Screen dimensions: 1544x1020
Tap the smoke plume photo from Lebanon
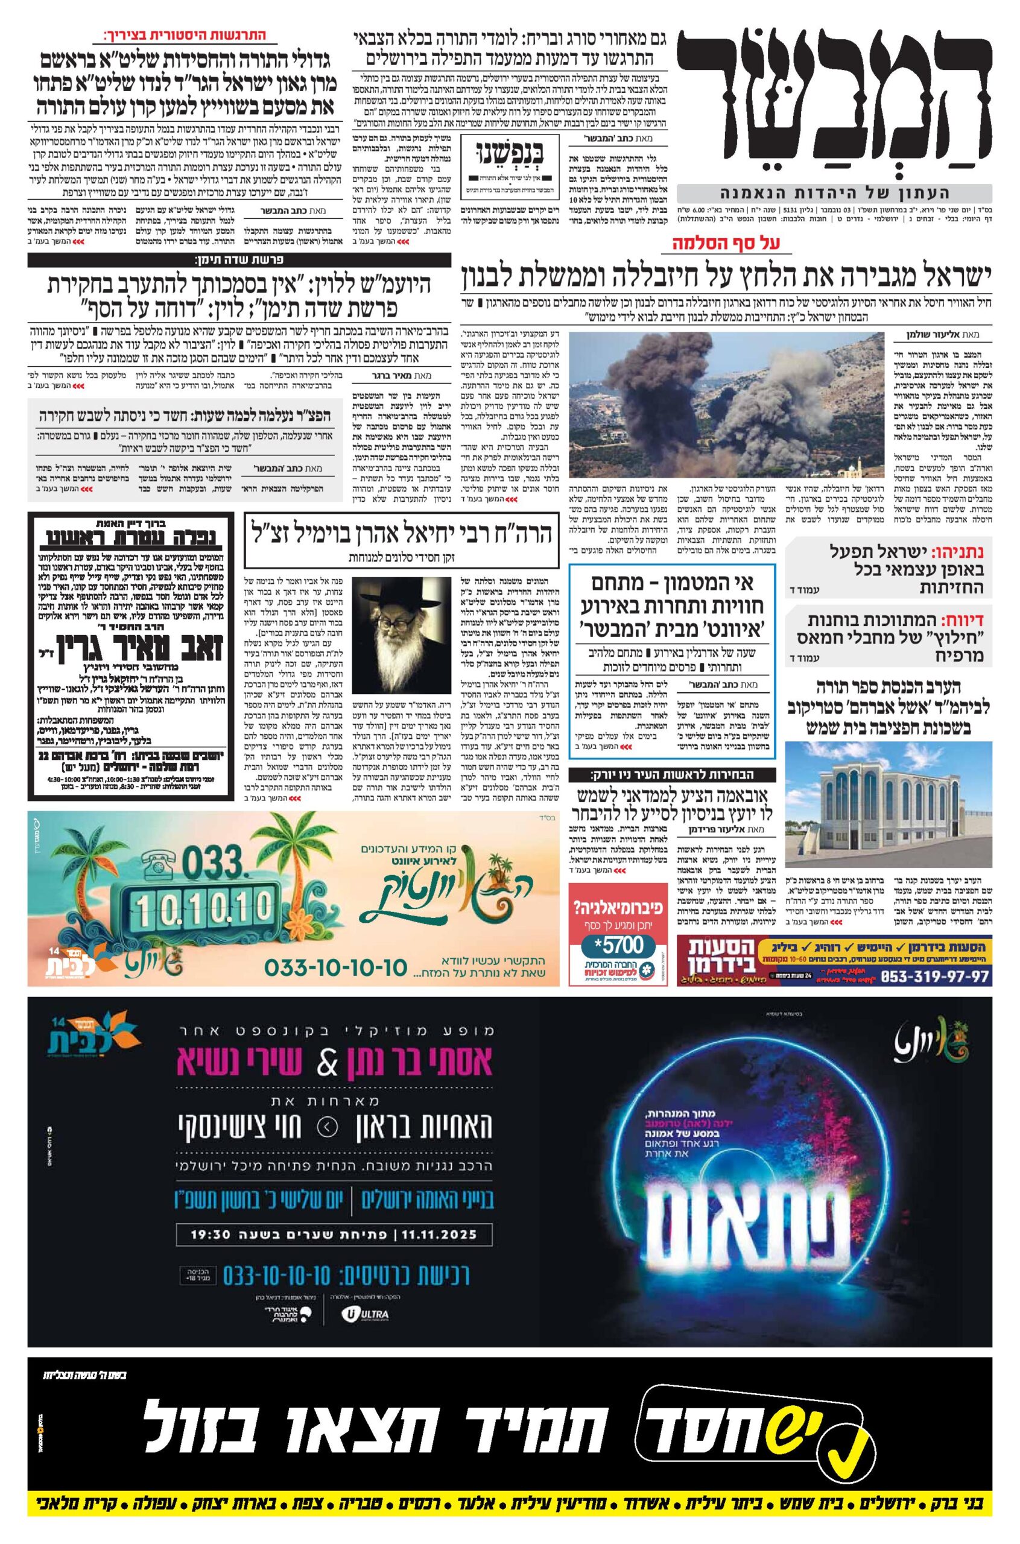(x=726, y=405)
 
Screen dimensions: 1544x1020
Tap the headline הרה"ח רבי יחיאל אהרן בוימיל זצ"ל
(x=401, y=533)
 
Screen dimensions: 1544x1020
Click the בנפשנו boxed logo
(x=509, y=159)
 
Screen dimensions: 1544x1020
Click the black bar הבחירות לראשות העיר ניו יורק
(x=671, y=774)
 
